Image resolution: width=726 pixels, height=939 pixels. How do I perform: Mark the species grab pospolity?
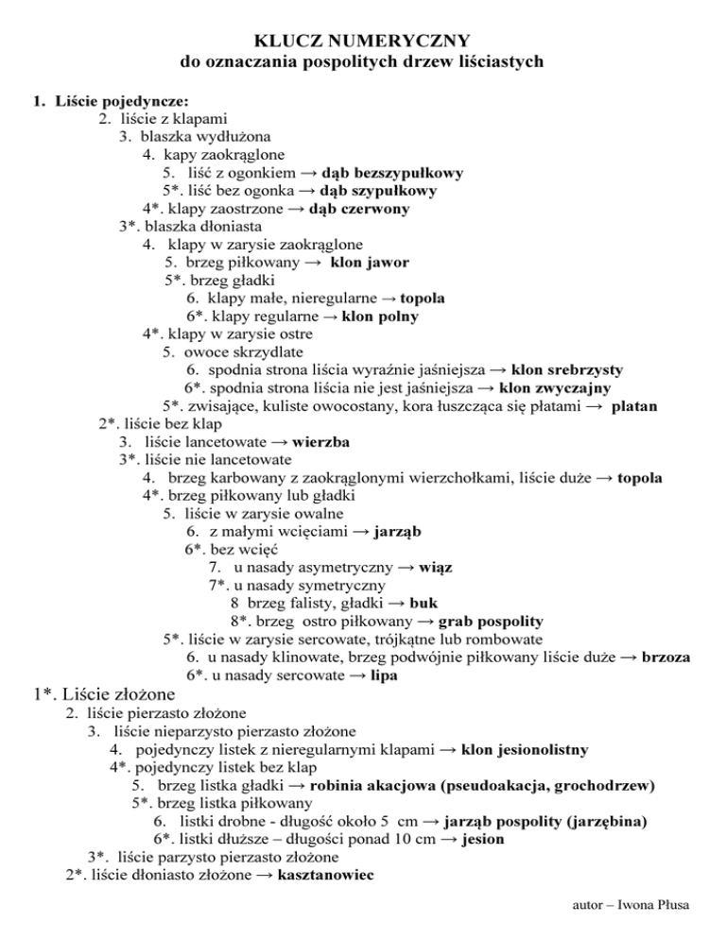click(491, 621)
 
